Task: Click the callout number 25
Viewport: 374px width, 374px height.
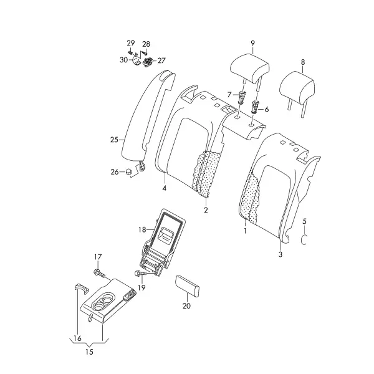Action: [114, 140]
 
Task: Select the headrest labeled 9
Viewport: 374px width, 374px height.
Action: [250, 69]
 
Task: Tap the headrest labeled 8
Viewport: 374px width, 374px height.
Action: [297, 89]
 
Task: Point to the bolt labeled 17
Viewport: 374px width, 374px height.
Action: [100, 273]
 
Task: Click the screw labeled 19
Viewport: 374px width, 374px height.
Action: [141, 273]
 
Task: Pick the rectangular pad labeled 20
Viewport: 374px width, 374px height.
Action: [187, 286]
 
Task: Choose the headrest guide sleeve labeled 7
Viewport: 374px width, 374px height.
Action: [242, 97]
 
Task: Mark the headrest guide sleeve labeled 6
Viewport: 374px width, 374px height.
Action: [255, 107]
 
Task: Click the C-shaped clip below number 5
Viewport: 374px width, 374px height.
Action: [304, 239]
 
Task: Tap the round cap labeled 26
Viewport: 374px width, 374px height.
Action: [128, 171]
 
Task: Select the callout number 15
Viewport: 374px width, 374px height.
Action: [89, 352]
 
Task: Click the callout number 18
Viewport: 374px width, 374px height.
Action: [142, 229]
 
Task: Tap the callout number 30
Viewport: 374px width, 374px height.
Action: [123, 60]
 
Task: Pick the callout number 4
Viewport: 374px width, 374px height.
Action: [165, 188]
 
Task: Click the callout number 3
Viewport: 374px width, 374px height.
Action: [280, 254]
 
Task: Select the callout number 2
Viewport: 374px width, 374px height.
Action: [206, 210]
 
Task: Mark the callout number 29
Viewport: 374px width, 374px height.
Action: [131, 43]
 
